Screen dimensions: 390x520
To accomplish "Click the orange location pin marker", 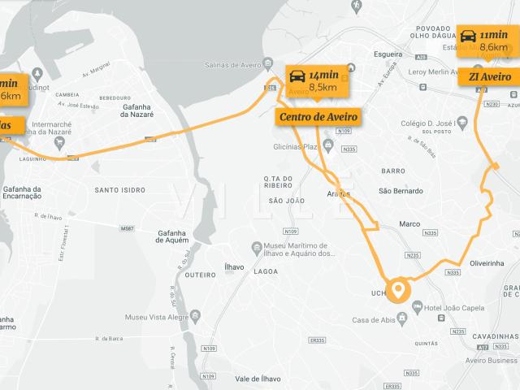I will [x=398, y=290].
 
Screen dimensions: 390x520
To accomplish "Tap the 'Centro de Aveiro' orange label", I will [x=318, y=117].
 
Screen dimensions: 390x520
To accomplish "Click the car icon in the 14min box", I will [x=297, y=77].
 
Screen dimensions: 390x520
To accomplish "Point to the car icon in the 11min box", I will [x=469, y=37].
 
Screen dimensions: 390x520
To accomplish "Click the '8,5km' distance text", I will [x=323, y=87].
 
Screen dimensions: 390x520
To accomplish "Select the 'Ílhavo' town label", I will [x=234, y=266].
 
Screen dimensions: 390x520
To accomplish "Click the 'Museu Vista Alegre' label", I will [x=158, y=317].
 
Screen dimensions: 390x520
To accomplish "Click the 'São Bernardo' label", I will [x=401, y=191].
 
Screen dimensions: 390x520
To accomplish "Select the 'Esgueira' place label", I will [x=388, y=54].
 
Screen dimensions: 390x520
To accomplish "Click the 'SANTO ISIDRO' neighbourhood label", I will [x=120, y=190].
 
